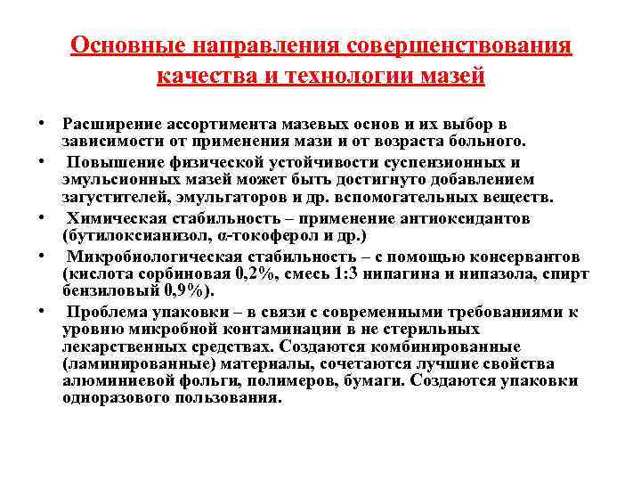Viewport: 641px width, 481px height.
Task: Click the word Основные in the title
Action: point(111,46)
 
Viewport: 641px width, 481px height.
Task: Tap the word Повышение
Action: point(109,162)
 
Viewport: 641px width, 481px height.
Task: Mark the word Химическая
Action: point(108,218)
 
